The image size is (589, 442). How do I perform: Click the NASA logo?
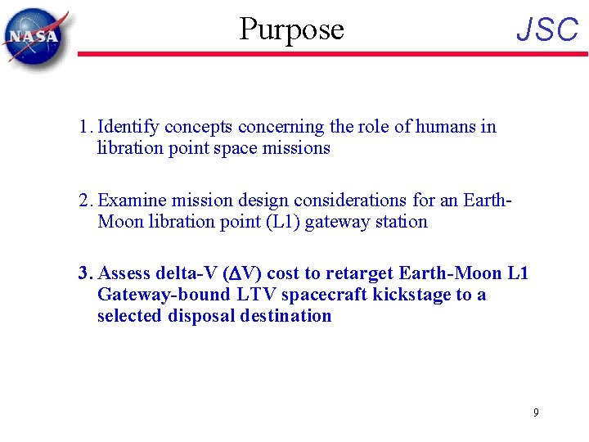tap(34, 36)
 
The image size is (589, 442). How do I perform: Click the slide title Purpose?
tap(291, 29)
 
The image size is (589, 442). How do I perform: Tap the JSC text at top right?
tap(547, 30)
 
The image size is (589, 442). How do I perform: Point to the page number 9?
tap(536, 413)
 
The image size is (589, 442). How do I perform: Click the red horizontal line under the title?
tap(327, 54)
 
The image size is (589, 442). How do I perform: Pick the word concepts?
tap(199, 128)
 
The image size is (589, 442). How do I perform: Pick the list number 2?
tap(84, 201)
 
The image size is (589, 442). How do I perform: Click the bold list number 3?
tap(84, 273)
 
